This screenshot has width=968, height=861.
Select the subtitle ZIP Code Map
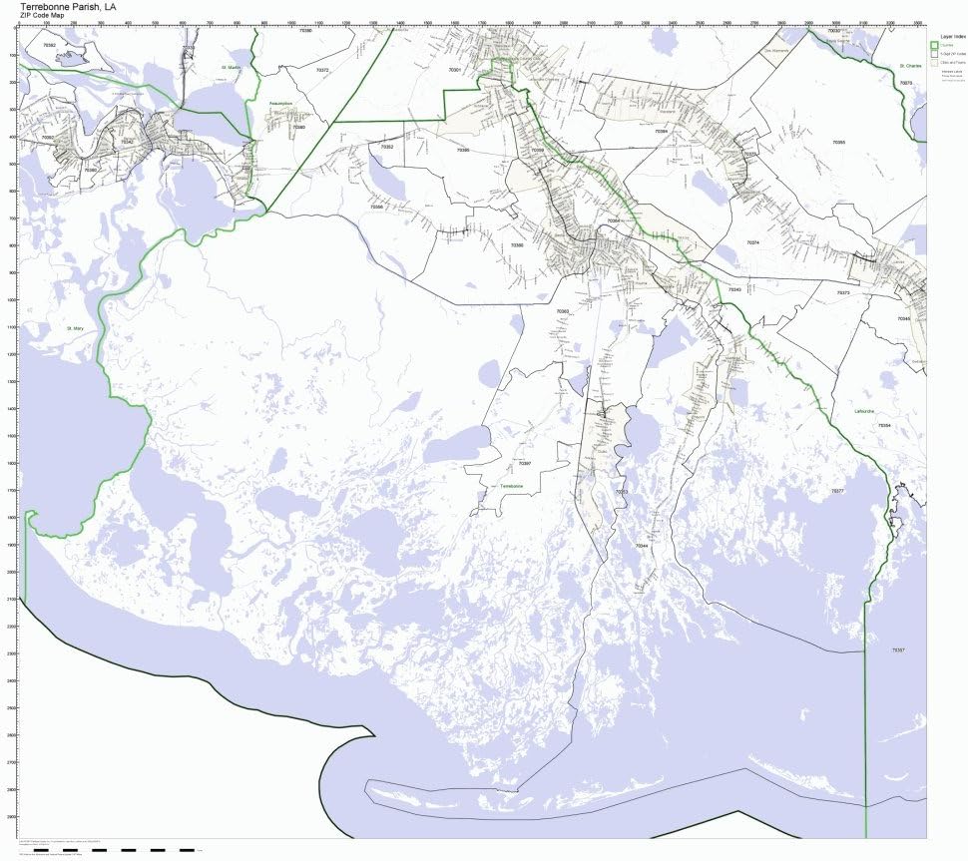[43, 16]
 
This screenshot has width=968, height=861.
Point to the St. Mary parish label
[76, 327]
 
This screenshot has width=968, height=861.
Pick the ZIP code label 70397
[525, 464]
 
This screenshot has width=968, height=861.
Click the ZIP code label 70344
[642, 546]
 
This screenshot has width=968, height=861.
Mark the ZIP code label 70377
[837, 491]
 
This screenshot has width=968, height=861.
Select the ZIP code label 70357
[897, 649]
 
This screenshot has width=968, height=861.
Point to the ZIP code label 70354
[883, 426]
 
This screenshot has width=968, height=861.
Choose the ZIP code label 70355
[838, 143]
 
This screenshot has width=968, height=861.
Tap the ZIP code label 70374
[752, 242]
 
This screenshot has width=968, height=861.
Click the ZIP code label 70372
[321, 71]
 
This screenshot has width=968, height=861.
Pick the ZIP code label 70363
[563, 311]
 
